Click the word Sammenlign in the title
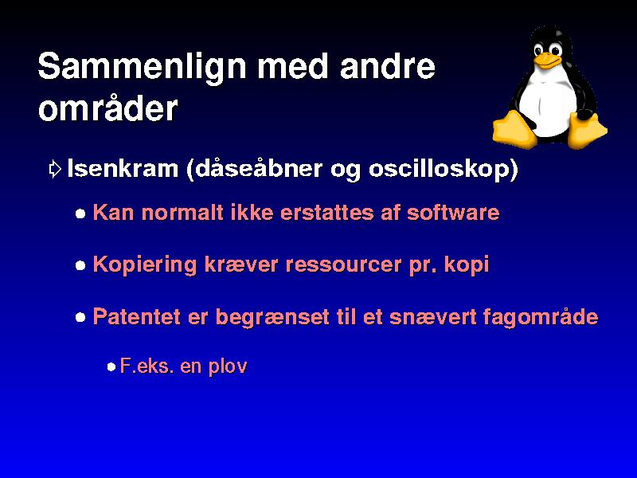point(143,67)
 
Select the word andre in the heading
point(388,65)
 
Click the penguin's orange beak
point(548,61)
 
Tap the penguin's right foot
point(587,130)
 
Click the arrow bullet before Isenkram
point(55,169)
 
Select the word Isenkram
point(123,168)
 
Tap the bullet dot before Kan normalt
point(81,214)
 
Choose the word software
point(453,212)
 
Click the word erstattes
point(326,213)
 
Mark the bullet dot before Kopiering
point(81,266)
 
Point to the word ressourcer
point(344,265)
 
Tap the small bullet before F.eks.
point(111,367)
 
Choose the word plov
point(228,366)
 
